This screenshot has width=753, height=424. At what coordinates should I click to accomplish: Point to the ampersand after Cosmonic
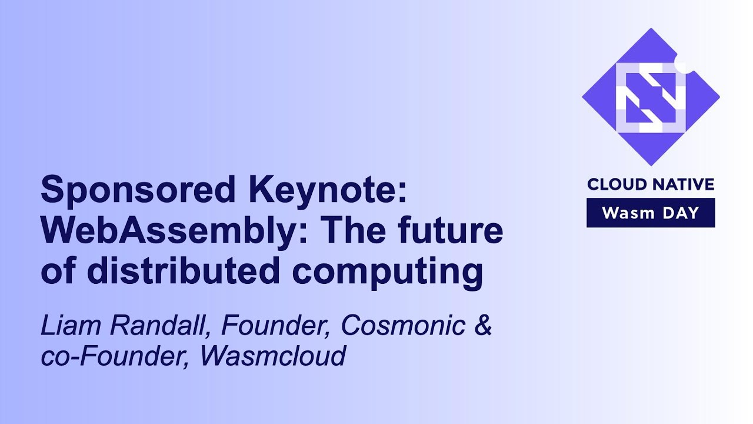[482, 326]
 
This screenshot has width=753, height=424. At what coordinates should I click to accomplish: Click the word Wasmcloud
[272, 357]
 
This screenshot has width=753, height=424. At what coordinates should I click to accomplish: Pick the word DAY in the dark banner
[679, 213]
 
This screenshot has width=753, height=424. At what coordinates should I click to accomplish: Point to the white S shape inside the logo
[651, 98]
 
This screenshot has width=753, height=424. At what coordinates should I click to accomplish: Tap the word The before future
[354, 231]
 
